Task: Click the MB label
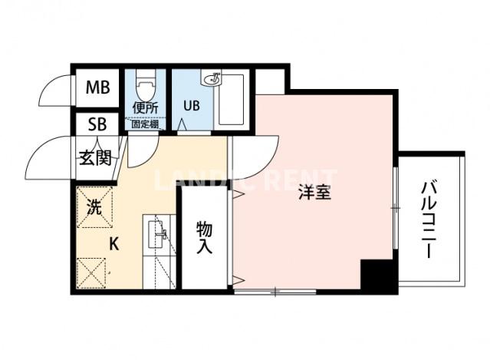pyautogui.click(x=98, y=88)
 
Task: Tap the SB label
pyautogui.click(x=97, y=124)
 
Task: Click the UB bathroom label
pyautogui.click(x=191, y=107)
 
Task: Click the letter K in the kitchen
pyautogui.click(x=113, y=245)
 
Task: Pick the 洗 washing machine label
pyautogui.click(x=94, y=206)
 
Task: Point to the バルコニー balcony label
pyautogui.click(x=429, y=219)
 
